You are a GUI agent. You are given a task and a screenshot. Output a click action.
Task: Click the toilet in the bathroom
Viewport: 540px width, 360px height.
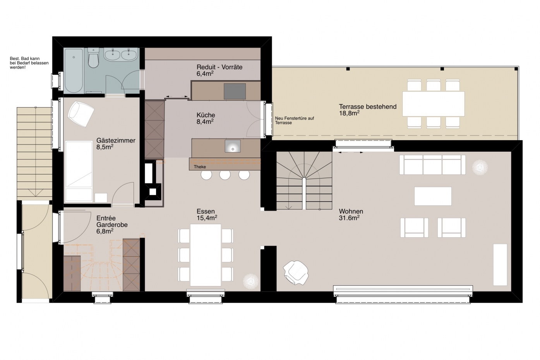pos(93,58)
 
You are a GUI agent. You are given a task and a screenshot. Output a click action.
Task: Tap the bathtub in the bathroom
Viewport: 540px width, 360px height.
pos(74,70)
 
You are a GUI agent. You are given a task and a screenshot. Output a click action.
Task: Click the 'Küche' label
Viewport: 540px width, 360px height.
pos(206,115)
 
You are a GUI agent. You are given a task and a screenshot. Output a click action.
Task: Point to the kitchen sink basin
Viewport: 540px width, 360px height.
pos(233,146)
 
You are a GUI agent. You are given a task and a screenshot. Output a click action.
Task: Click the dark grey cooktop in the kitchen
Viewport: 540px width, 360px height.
pos(235,91)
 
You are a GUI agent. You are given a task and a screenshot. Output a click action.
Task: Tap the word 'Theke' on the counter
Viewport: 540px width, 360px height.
pos(200,167)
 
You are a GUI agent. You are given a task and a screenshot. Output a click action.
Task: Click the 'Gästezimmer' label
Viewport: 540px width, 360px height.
pos(116,141)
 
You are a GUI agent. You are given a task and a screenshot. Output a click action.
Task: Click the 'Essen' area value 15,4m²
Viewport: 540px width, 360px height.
pos(207,218)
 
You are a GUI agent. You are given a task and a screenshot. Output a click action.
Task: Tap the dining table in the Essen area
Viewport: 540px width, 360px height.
pos(206,255)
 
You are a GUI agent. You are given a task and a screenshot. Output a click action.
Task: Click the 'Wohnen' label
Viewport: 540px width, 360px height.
pos(351,211)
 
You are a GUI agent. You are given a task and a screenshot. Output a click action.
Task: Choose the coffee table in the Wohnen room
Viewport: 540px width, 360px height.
pos(433,196)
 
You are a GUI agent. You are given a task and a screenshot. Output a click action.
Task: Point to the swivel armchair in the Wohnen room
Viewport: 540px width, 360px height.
pos(296,273)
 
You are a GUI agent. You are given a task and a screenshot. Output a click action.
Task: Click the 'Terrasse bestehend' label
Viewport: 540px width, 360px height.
pos(368,106)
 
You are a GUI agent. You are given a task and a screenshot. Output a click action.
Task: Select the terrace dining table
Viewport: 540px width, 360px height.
pos(434,104)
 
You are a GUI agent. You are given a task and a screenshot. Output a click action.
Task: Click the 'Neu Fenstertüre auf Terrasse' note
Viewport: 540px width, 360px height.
pos(295,120)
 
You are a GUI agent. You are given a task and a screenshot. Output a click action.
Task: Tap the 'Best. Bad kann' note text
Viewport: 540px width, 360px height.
pos(25,58)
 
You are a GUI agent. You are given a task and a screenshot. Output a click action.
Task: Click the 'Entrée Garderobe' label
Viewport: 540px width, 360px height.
pos(112,221)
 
